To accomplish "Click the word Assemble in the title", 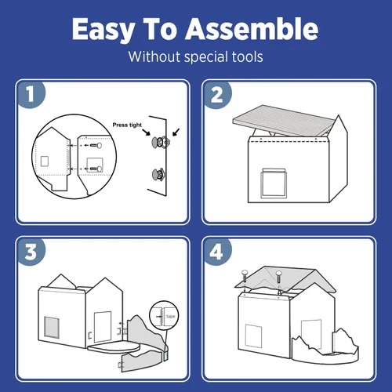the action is coord(252,28).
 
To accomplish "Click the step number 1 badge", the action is coord(31,94).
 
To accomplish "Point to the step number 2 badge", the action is coord(217,95).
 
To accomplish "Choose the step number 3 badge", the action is coord(31,252).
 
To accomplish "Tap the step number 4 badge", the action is coord(217,252).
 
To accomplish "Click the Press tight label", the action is coord(127,125).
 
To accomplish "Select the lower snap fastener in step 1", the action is coord(158,174).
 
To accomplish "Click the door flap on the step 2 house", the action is coord(274,183).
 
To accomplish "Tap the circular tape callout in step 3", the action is coord(164,315).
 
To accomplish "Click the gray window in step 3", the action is coord(52,327).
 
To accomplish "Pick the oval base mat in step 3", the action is coord(114,346).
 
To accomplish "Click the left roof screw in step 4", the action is coord(245,276).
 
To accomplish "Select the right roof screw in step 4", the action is coord(279,277).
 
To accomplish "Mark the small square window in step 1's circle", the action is coord(45,162).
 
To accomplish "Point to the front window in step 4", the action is coord(253,336).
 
